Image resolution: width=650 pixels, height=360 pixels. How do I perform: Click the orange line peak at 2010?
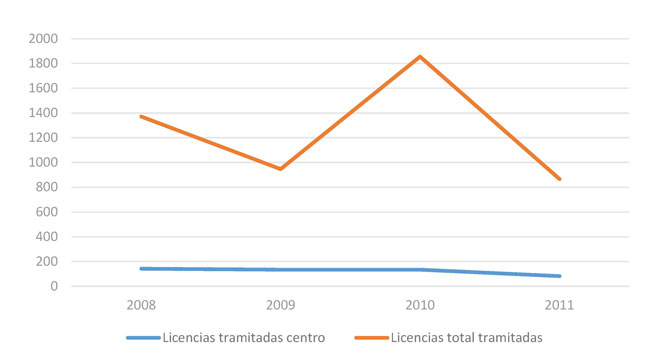click(x=420, y=56)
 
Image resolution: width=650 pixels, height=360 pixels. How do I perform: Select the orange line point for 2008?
click(x=141, y=116)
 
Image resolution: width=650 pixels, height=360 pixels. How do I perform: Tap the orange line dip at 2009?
click(x=281, y=169)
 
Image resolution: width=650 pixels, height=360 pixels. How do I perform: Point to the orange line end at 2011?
click(x=560, y=179)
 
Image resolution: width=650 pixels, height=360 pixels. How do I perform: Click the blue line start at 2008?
click(x=141, y=268)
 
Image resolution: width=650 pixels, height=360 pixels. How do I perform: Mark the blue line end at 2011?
click(x=560, y=276)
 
